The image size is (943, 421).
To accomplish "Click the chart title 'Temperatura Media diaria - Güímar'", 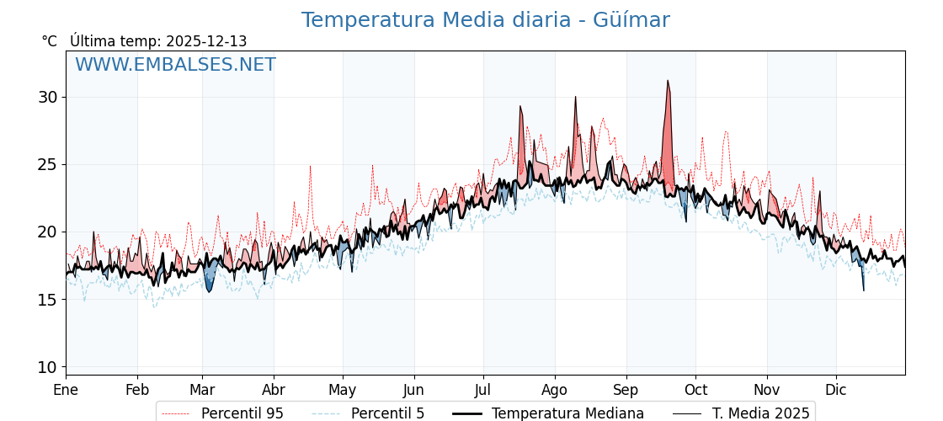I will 485,20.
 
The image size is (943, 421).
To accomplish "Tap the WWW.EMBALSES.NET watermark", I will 175,65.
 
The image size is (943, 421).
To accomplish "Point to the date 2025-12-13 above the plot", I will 206,41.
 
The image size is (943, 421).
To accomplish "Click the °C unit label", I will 50,41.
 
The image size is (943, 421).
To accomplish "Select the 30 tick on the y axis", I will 48,97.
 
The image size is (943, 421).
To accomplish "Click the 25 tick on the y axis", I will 48,164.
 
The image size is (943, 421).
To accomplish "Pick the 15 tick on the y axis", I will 48,299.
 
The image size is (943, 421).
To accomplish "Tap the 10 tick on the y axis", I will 48,367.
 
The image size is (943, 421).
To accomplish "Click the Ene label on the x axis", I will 66,390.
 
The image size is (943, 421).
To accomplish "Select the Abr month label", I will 274,390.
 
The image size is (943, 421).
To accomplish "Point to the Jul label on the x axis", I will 483,390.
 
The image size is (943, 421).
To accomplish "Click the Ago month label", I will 555,390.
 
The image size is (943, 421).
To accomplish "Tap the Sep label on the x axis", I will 626,390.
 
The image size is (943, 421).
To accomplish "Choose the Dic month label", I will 836,390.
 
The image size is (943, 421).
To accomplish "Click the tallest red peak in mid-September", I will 668,84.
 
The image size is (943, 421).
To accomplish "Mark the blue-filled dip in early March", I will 210,282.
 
